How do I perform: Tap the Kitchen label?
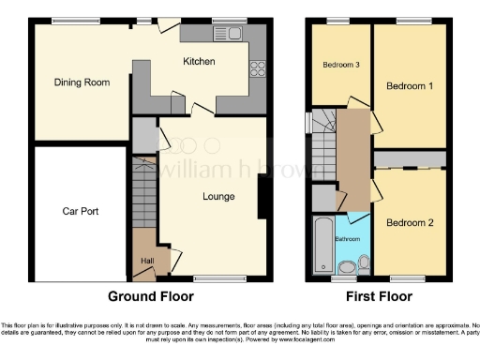(x=199, y=62)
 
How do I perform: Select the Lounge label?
(x=218, y=197)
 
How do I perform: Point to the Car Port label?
(x=81, y=211)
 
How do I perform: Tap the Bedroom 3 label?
(x=341, y=65)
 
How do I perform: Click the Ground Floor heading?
(x=151, y=297)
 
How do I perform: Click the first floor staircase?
(x=323, y=141)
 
